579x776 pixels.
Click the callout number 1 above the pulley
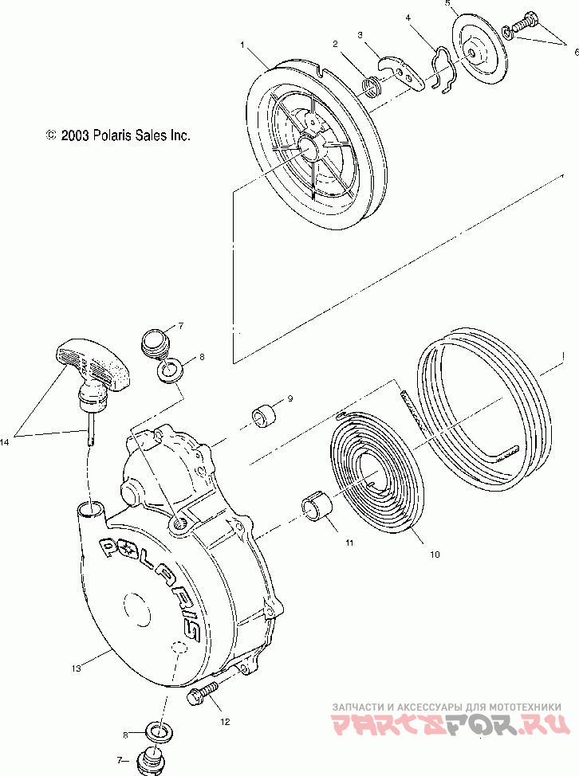(241, 45)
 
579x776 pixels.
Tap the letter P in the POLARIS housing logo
(108, 547)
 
